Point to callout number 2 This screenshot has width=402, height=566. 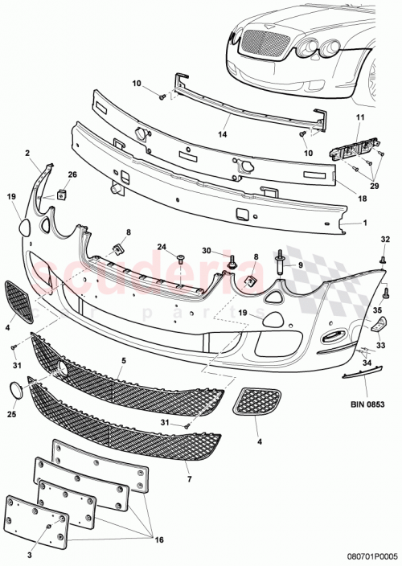(x=27, y=152)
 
